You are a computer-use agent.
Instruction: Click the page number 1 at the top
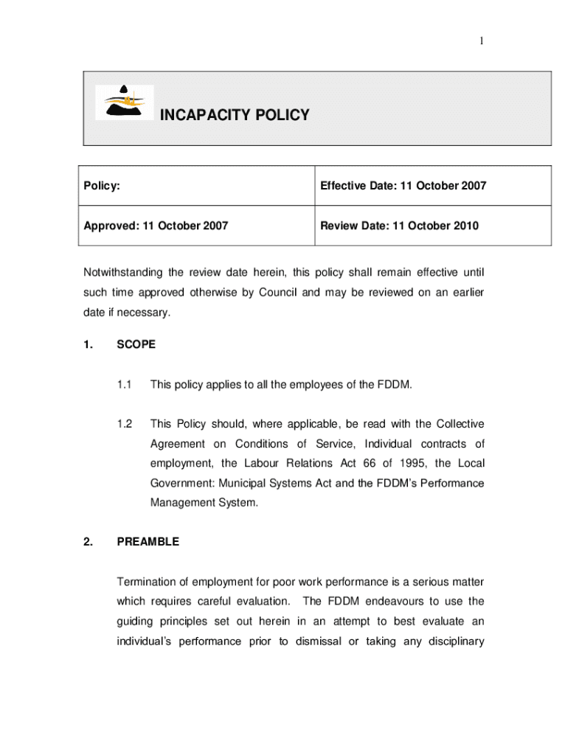[x=481, y=41]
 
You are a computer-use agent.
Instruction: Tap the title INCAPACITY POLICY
[x=235, y=115]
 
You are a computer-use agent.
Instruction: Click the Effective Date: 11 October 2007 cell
[x=403, y=186]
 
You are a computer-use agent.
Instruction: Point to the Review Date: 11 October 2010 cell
[x=399, y=226]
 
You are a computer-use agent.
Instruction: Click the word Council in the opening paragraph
[x=277, y=293]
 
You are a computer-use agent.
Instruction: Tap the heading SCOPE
[x=136, y=344]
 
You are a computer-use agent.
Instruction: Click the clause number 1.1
[x=124, y=384]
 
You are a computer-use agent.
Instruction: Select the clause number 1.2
[x=124, y=424]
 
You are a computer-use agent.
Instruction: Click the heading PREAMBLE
[x=148, y=542]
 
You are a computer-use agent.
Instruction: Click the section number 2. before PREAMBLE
[x=88, y=542]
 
